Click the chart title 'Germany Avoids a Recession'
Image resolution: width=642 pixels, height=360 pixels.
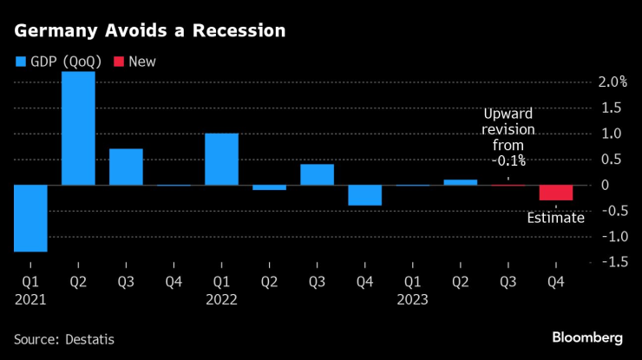pyautogui.click(x=149, y=30)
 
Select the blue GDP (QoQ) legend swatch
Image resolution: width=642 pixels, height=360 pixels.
pyautogui.click(x=21, y=62)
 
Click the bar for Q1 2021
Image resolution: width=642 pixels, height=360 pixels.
pyautogui.click(x=30, y=218)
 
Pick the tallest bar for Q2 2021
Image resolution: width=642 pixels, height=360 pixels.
pyautogui.click(x=78, y=128)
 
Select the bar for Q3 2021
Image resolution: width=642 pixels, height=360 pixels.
pyautogui.click(x=126, y=167)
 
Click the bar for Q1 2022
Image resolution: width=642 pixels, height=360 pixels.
pyautogui.click(x=221, y=159)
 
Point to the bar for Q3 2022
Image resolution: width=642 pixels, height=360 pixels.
pyautogui.click(x=317, y=174)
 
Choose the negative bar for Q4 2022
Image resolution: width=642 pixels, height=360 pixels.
pyautogui.click(x=364, y=195)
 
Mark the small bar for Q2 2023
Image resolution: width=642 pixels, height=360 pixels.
pyautogui.click(x=460, y=182)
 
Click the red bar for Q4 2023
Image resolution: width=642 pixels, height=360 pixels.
pyautogui.click(x=555, y=193)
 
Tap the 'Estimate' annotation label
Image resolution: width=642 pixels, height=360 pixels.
pyautogui.click(x=556, y=218)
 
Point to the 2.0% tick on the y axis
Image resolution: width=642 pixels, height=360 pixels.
pyautogui.click(x=612, y=82)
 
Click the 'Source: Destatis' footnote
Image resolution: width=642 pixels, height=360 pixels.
pyautogui.click(x=64, y=339)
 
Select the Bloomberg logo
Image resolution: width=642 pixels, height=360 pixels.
pyautogui.click(x=587, y=337)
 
